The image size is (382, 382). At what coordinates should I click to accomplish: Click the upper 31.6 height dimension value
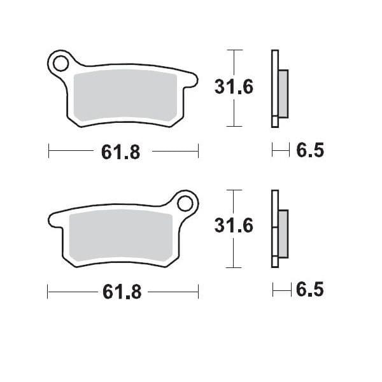234,87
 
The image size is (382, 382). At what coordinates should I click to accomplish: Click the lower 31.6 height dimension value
234,226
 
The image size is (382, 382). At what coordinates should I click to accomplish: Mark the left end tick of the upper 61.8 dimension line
49,152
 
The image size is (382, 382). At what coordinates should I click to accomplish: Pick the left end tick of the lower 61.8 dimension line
49,292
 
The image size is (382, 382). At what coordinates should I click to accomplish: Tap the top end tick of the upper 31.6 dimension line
235,50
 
